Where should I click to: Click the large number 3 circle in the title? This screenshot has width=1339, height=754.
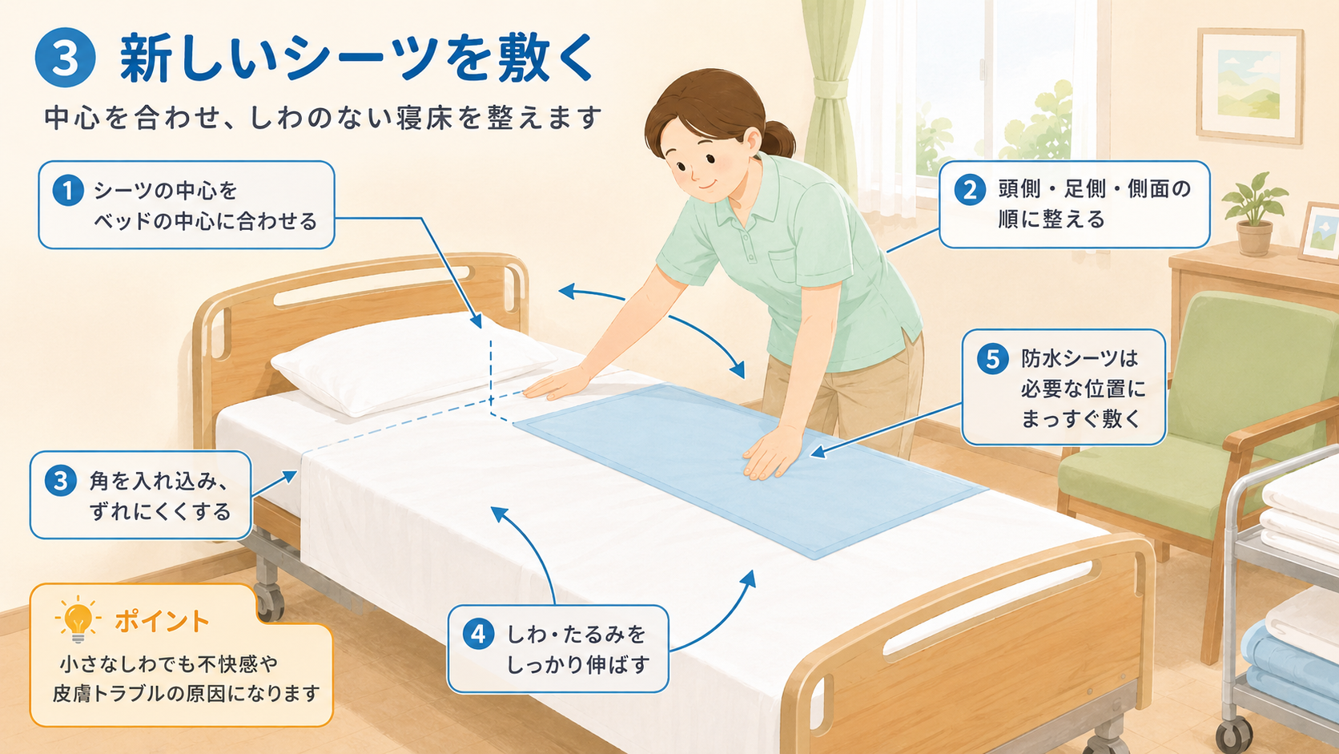[x=65, y=58]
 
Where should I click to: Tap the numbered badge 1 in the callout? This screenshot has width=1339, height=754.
[x=68, y=191]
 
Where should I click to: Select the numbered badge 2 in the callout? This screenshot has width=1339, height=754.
[x=970, y=190]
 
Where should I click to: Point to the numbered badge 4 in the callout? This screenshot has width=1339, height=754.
[x=478, y=635]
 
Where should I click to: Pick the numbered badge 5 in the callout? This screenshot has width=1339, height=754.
[x=992, y=359]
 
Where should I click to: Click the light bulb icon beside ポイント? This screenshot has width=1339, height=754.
[x=78, y=619]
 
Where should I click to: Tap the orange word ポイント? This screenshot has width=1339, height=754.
[x=162, y=622]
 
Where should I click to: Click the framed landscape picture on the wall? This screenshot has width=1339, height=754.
[x=1250, y=85]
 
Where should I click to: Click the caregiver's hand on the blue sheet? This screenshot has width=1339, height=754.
[x=773, y=452]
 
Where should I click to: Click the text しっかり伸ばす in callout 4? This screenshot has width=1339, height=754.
[x=578, y=665]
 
